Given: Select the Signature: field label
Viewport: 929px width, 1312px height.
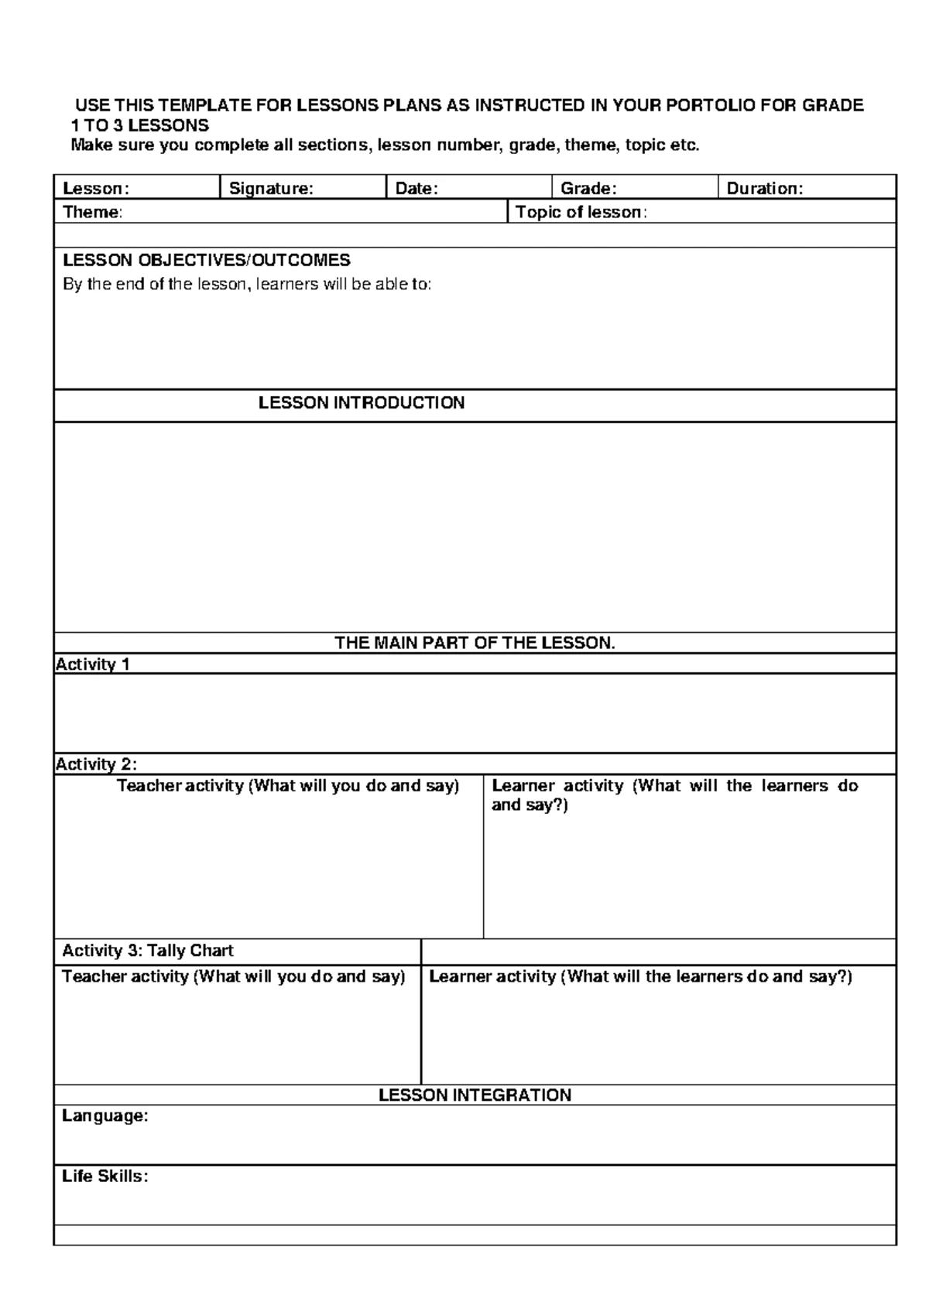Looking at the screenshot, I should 271,189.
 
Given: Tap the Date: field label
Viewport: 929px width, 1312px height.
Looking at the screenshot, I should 417,189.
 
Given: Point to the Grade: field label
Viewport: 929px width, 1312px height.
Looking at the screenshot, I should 588,189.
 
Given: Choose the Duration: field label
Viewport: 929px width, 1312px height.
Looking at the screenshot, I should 764,189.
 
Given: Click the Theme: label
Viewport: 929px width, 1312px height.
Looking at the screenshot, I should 92,213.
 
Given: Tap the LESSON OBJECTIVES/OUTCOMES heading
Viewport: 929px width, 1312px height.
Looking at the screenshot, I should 206,260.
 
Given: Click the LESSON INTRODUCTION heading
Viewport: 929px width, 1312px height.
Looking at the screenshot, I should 362,403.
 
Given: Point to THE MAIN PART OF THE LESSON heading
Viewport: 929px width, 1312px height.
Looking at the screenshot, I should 475,643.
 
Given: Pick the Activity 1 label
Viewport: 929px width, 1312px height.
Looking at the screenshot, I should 93,665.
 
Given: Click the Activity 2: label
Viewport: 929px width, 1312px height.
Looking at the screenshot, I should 96,764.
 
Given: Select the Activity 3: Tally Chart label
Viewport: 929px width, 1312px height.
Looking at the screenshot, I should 147,951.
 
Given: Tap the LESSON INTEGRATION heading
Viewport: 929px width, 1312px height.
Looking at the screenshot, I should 475,1095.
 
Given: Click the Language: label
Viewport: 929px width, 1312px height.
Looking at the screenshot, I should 105,1116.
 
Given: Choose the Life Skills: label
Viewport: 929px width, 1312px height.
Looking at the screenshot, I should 105,1177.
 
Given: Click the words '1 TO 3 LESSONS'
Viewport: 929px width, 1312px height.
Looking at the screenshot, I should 139,125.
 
